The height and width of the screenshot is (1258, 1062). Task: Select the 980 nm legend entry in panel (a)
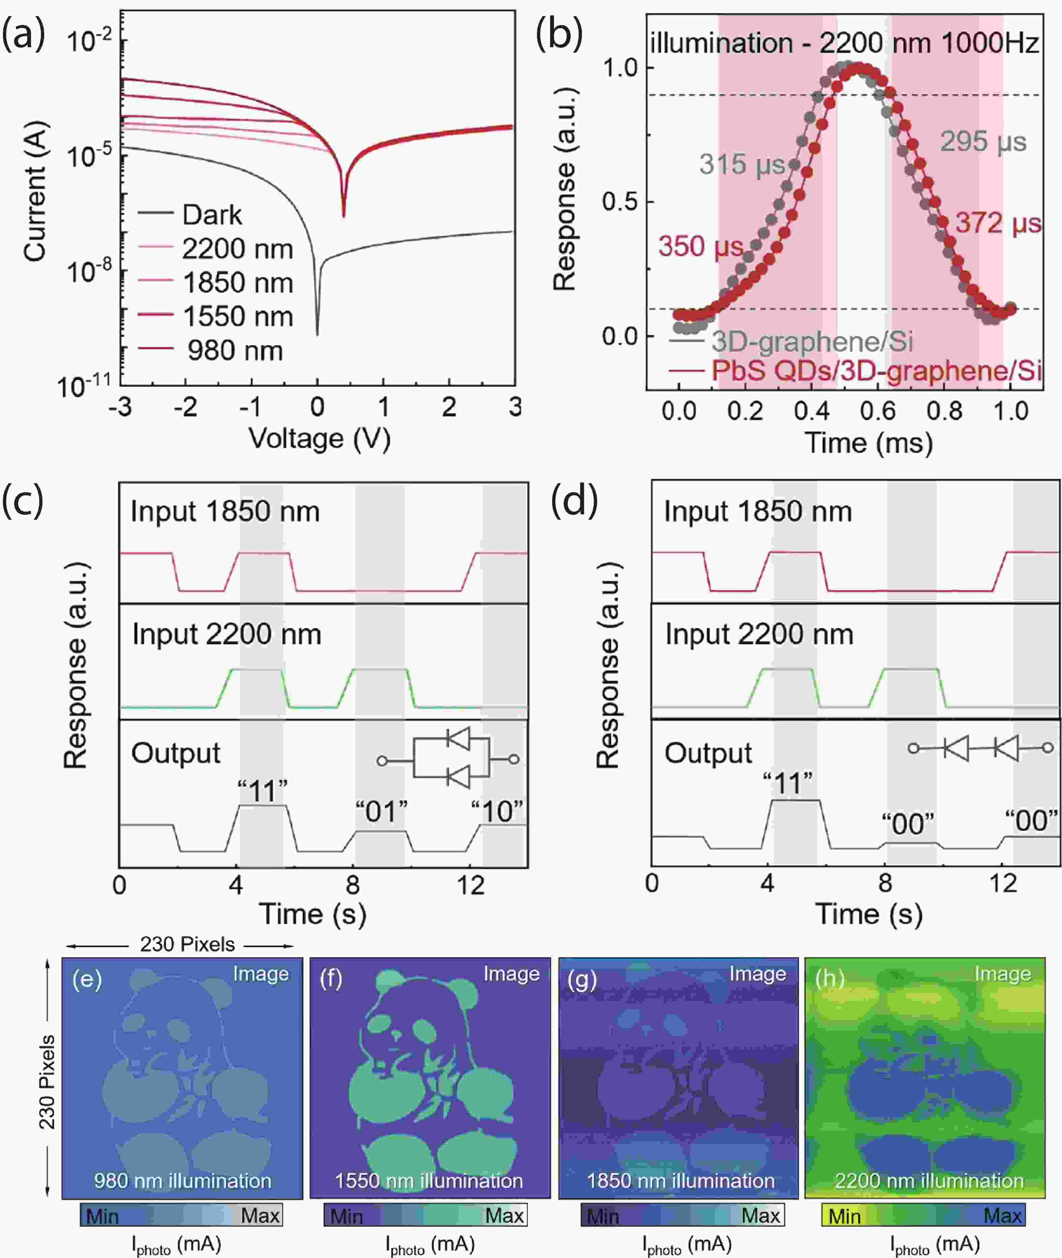234,350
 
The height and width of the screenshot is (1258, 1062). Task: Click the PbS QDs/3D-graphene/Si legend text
876,370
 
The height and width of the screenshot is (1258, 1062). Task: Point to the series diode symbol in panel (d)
980,748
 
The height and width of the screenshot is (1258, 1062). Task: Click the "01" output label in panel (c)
381,812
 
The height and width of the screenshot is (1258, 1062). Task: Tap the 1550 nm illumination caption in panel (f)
429,1181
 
